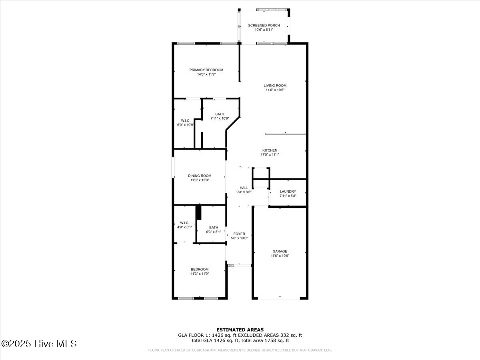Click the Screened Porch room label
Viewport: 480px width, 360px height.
[264, 26]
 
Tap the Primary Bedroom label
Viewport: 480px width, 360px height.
[206, 70]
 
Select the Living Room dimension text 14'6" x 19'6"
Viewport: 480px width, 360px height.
[275, 90]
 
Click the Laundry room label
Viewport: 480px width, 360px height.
[288, 192]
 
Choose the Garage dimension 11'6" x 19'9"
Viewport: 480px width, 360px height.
[280, 256]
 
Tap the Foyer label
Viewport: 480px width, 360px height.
[239, 234]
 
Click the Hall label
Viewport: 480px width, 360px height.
[244, 188]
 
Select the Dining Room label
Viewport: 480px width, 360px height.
[200, 176]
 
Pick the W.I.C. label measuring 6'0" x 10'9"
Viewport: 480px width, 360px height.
[185, 120]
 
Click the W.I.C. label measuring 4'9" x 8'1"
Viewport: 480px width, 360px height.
[184, 223]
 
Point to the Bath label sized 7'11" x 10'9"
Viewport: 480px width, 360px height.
[220, 114]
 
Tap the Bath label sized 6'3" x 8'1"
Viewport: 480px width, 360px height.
[213, 227]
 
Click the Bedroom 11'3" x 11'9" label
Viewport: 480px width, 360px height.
[199, 269]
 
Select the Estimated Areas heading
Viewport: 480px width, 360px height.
[240, 330]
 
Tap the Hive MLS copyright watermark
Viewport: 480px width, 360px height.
[39, 344]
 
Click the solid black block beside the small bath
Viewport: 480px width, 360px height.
[198, 212]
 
